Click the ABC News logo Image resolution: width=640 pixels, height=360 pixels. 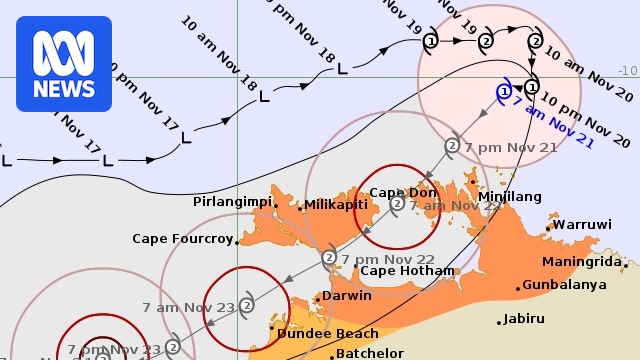64,64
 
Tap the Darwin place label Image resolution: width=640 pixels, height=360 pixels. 347,296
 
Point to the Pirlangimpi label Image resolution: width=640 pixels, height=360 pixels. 232,202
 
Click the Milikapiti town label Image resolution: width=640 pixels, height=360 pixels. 336,204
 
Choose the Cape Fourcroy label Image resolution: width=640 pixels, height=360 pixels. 182,239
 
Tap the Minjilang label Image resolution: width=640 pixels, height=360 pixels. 510,197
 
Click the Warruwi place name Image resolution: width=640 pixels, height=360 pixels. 582,225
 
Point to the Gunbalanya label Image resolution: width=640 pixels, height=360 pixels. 566,285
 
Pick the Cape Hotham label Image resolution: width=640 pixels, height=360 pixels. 406,271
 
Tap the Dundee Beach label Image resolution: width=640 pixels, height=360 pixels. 328,334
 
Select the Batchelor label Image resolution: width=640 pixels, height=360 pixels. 369,353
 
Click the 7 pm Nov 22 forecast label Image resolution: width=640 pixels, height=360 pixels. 388,258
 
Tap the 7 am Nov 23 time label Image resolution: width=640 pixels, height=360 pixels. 187,308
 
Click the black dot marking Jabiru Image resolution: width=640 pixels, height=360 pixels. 500,322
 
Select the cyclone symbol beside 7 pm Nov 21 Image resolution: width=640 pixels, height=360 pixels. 452,145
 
